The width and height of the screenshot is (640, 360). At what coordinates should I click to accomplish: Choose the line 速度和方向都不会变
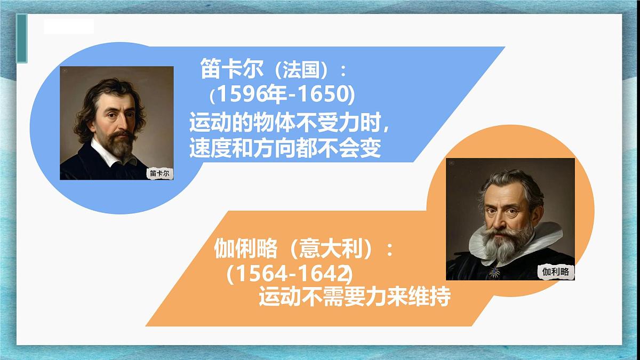(285, 149)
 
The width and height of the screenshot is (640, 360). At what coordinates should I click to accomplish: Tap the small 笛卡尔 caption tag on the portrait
(162, 173)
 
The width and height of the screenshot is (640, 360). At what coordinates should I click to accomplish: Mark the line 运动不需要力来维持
(355, 297)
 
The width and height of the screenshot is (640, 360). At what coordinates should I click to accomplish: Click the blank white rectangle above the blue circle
(69, 26)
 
